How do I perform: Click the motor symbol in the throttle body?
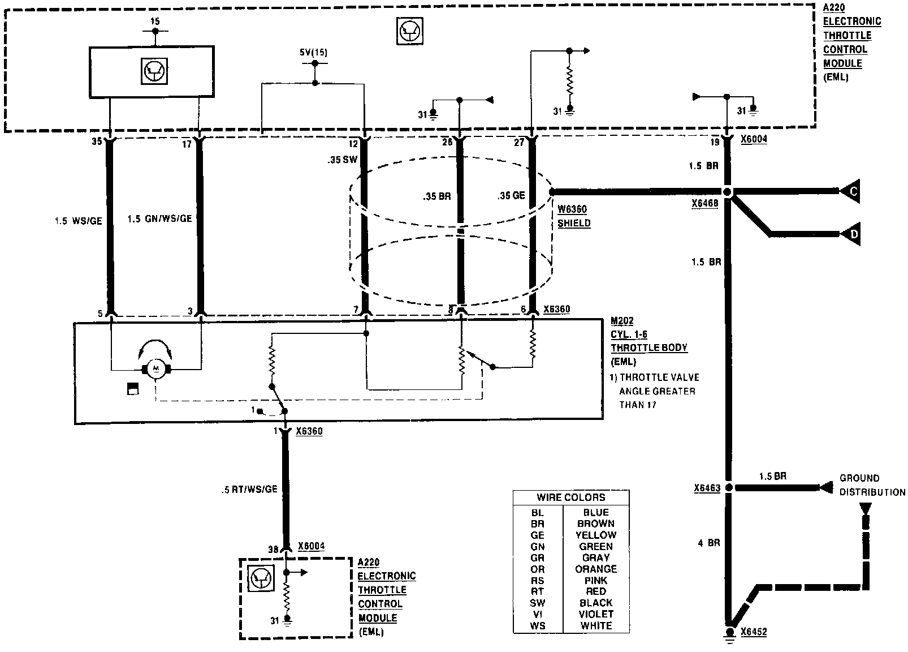point(156,370)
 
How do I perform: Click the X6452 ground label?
point(754,632)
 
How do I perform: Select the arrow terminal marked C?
point(851,192)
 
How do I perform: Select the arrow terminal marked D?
point(851,234)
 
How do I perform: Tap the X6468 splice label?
point(704,203)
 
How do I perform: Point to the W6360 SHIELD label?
point(574,216)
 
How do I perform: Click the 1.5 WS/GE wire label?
point(79,221)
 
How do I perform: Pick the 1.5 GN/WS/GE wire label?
point(159,219)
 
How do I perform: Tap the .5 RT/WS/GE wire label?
point(249,489)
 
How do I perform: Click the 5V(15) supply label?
point(314,53)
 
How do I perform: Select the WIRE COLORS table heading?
point(570,497)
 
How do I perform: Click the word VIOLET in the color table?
point(596,614)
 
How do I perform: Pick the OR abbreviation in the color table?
point(537,569)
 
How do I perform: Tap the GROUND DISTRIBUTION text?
point(871,485)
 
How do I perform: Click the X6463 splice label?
point(707,488)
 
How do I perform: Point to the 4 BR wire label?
point(708,543)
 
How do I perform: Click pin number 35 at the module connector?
point(97,141)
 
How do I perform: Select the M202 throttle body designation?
point(622,321)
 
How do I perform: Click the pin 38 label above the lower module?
point(273,549)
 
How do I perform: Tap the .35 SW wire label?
point(342,160)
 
